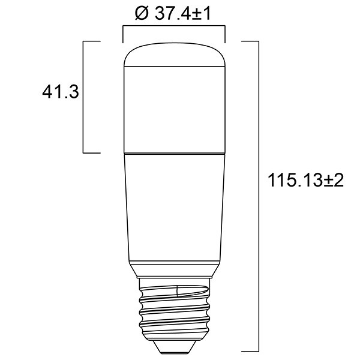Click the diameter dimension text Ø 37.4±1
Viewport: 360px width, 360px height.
tap(173, 14)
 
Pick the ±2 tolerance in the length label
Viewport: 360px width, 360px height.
tap(334, 181)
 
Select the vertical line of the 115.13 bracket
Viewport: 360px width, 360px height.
tap(258, 195)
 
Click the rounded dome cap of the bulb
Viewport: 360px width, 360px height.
tap(173, 54)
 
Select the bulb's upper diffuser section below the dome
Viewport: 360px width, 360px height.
tap(173, 108)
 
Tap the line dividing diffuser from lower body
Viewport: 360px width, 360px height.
tap(173, 152)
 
